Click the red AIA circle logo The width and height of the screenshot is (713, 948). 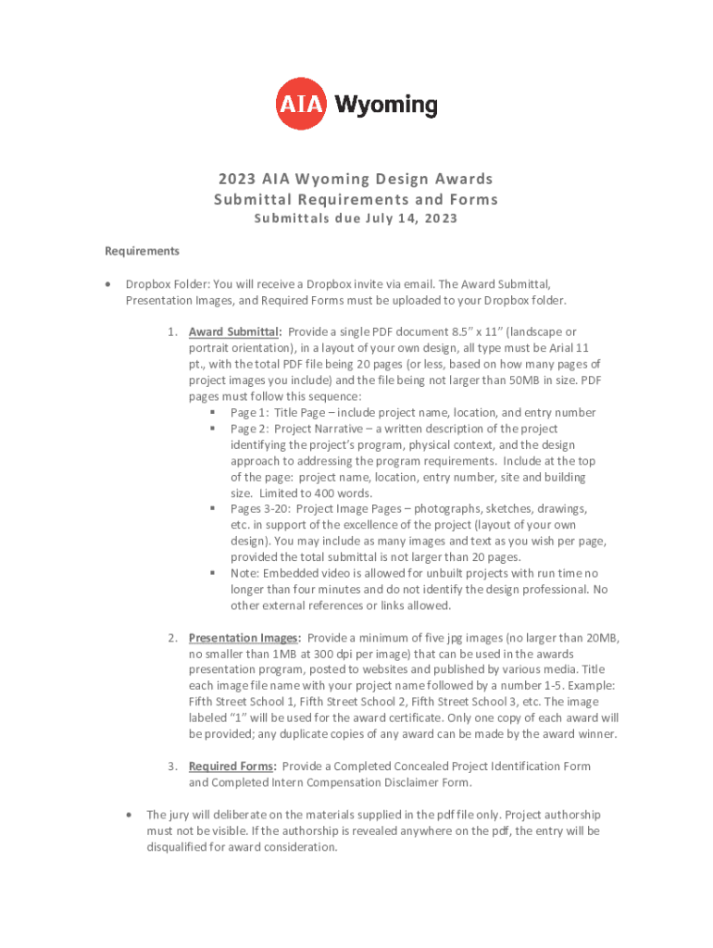click(x=302, y=105)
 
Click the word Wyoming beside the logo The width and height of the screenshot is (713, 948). click(x=386, y=105)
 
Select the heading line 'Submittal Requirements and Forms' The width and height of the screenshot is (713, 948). click(x=356, y=199)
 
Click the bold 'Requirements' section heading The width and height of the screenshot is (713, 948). click(x=142, y=251)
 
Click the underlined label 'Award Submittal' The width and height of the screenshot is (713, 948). click(x=233, y=331)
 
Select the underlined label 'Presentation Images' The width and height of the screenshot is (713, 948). click(x=244, y=638)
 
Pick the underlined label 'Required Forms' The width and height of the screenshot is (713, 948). click(x=231, y=767)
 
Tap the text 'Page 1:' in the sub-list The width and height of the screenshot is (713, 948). click(x=249, y=413)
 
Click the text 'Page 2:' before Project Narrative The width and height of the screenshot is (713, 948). click(x=249, y=429)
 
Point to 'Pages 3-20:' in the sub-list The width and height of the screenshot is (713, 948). click(x=260, y=509)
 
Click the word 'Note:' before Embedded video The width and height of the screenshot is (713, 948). click(x=245, y=573)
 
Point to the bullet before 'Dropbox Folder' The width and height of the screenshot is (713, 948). click(x=109, y=284)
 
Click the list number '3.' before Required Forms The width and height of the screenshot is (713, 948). click(x=173, y=767)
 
